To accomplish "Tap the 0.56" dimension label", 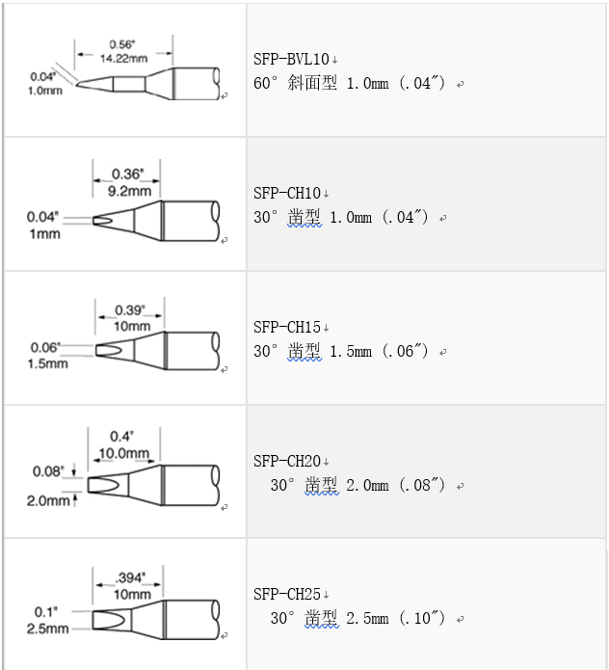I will pos(121,44).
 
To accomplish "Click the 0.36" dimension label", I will pos(127,174).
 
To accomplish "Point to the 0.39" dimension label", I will pos(128,310).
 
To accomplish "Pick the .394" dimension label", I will pos(126,578).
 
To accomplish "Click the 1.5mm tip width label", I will pos(47,363).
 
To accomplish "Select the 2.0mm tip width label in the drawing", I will pos(47,500).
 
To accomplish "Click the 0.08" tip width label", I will pos(46,471).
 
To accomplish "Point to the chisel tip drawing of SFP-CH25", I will pos(154,618).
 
